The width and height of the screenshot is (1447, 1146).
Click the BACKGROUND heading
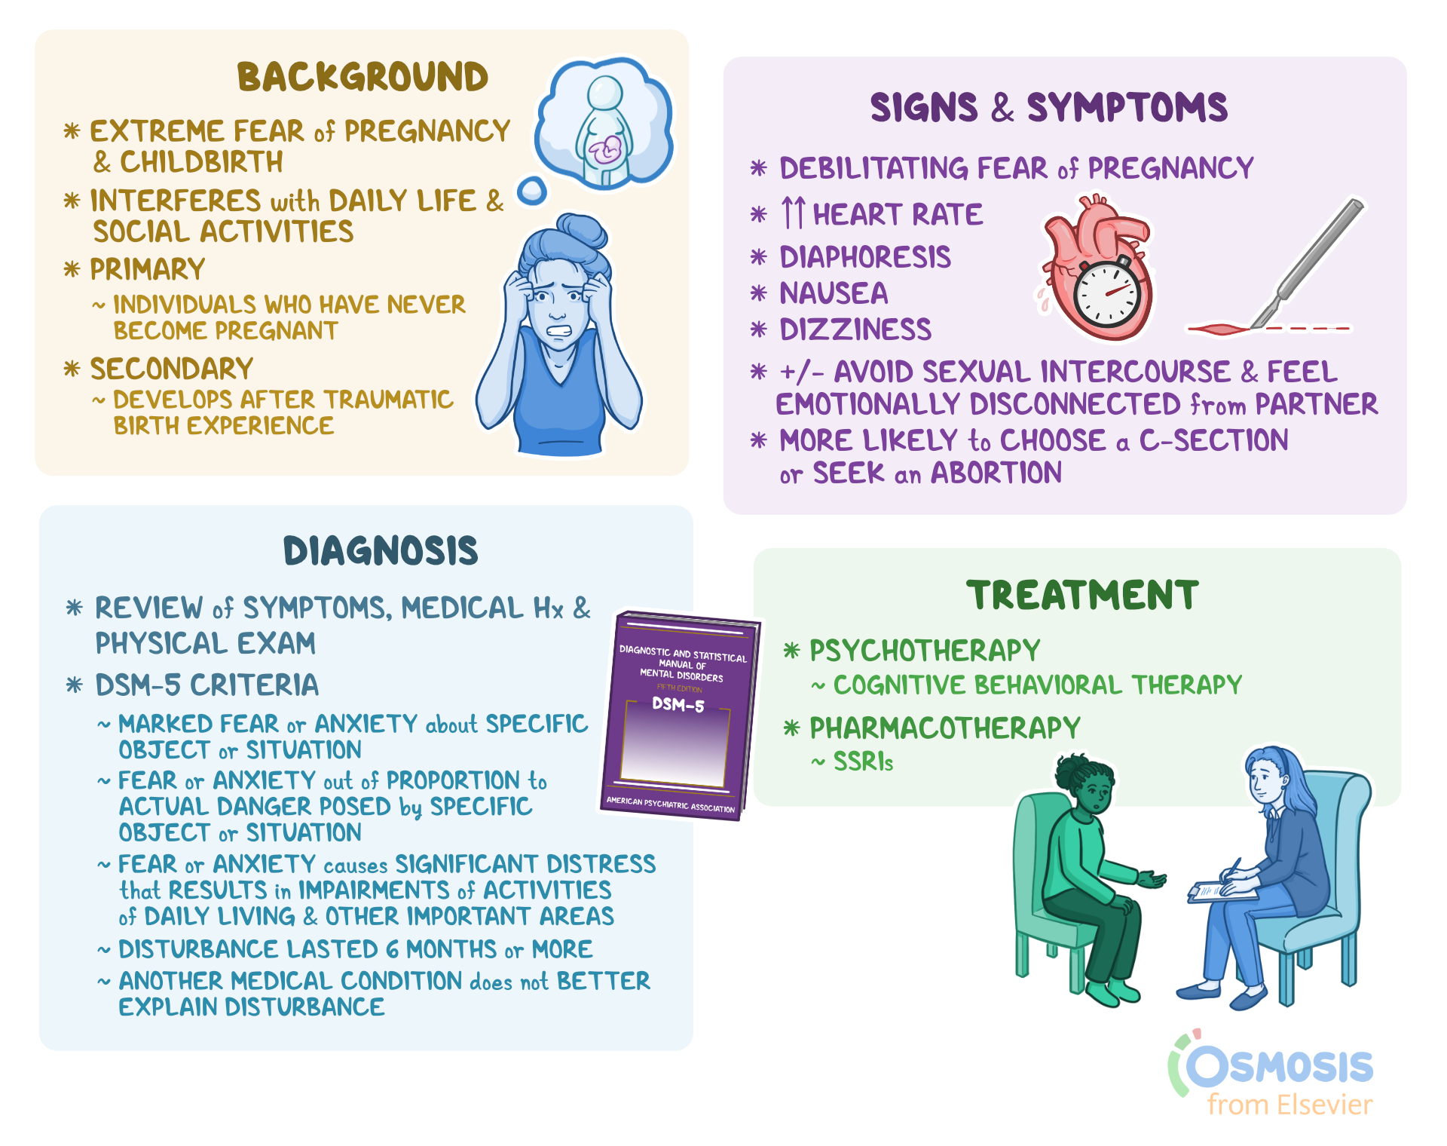click(x=363, y=77)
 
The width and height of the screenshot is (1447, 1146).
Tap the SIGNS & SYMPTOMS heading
click(x=1048, y=107)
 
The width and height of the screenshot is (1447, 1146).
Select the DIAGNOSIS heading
click(x=381, y=550)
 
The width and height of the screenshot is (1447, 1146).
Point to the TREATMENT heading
click(x=1082, y=595)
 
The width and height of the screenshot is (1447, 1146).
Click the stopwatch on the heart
click(x=1106, y=293)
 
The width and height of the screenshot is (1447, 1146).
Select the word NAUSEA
click(x=834, y=293)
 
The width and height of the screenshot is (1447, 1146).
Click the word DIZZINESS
click(x=855, y=329)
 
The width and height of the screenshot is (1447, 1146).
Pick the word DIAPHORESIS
click(x=865, y=257)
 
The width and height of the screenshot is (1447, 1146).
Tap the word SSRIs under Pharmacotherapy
click(x=863, y=762)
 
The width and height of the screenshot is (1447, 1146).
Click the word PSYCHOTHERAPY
click(x=925, y=651)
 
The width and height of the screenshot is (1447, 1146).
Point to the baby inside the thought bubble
click(x=605, y=150)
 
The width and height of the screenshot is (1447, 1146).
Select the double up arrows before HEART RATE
click(x=793, y=213)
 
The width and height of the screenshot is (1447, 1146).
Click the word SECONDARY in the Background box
click(x=172, y=369)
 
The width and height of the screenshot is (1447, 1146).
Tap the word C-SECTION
click(x=1213, y=440)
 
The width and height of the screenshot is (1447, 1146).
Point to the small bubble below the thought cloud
click(x=533, y=191)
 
